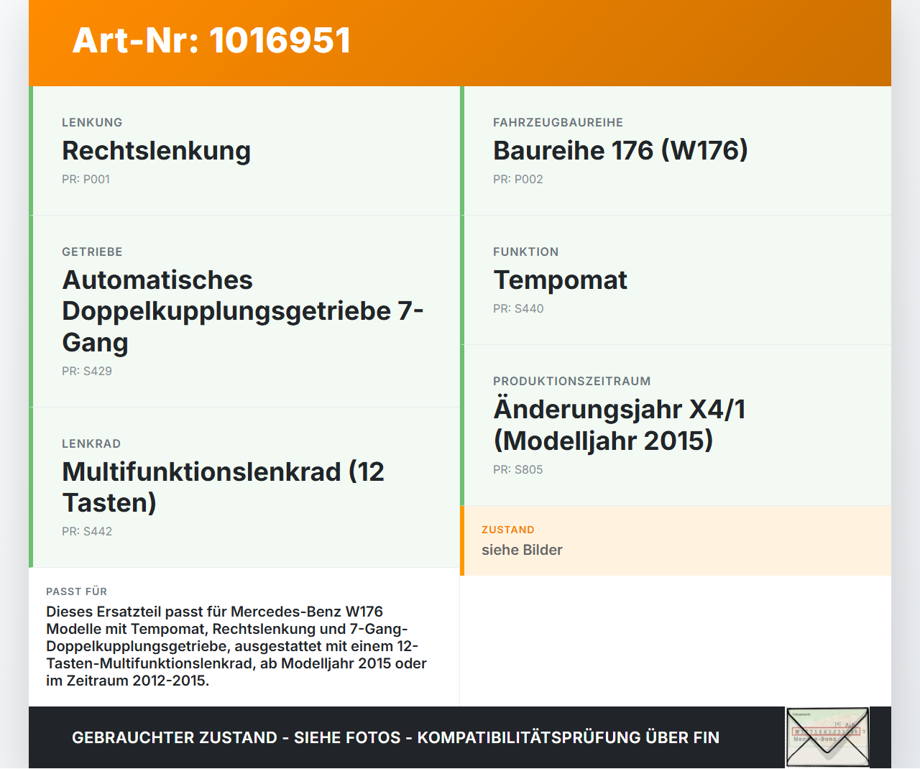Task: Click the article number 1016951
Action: [280, 40]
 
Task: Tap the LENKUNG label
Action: [92, 122]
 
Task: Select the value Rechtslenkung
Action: [156, 151]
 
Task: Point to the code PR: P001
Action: [86, 179]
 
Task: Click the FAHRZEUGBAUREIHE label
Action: [558, 122]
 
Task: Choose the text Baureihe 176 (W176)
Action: [620, 151]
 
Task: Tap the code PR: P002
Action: [517, 179]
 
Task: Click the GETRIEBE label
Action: [92, 252]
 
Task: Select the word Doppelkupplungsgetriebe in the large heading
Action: [226, 311]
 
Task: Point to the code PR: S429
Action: [86, 371]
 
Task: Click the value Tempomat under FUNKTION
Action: [560, 280]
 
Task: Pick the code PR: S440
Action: [517, 308]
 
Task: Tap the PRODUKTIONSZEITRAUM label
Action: [571, 381]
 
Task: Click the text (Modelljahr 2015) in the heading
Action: [603, 441]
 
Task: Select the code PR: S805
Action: [517, 469]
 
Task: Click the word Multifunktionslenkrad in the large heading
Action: [201, 472]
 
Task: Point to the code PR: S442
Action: [86, 531]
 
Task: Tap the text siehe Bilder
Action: [522, 550]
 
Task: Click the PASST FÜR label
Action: [76, 591]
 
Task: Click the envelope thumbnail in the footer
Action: [827, 737]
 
